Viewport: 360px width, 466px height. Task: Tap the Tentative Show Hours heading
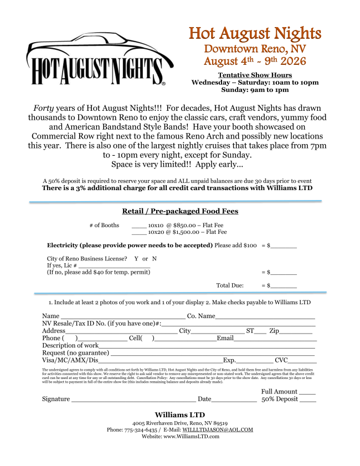tap(255, 75)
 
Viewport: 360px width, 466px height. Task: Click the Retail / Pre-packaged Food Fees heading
tap(180, 211)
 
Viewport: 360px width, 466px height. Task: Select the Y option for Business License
tap(136, 259)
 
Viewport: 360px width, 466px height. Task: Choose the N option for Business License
tap(154, 259)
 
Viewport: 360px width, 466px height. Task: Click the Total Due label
tap(230, 285)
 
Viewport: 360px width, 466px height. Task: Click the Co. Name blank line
tap(265, 317)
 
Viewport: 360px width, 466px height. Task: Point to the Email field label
tap(225, 338)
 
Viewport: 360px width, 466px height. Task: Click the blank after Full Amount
tap(307, 392)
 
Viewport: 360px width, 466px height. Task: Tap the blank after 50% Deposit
tap(308, 400)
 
